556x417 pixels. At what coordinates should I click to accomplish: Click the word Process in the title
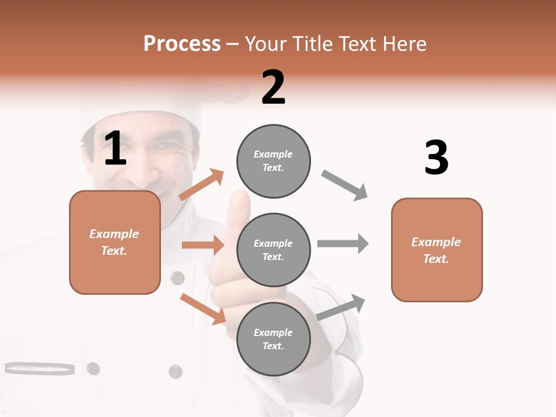(182, 44)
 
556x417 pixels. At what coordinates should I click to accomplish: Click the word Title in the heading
(313, 44)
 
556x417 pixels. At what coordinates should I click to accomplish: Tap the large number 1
(115, 149)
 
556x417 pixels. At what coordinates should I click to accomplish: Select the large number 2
(273, 87)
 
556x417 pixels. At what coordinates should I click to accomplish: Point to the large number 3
(436, 158)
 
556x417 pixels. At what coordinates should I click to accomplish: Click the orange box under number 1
(115, 242)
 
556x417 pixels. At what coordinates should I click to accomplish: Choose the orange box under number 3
(437, 250)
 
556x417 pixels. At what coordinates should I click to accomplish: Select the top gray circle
(273, 161)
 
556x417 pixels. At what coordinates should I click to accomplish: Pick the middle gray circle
(273, 250)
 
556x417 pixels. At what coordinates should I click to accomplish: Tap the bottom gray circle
(273, 339)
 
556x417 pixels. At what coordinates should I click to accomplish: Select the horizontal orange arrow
(203, 245)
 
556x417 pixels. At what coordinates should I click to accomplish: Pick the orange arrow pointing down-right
(203, 309)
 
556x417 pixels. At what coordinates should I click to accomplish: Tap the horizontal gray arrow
(343, 243)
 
